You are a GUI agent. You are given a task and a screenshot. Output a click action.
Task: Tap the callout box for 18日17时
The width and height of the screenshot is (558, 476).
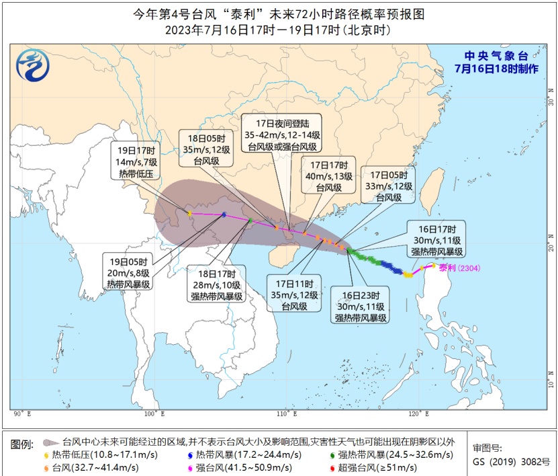pos(216,285)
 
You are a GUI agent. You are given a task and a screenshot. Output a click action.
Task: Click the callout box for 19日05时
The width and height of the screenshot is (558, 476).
pos(128,272)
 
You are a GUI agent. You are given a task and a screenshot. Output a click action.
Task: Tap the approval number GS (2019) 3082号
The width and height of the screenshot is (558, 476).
pos(511,462)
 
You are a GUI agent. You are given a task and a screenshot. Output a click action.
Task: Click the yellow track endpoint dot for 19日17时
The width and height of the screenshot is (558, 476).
pos(190,214)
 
